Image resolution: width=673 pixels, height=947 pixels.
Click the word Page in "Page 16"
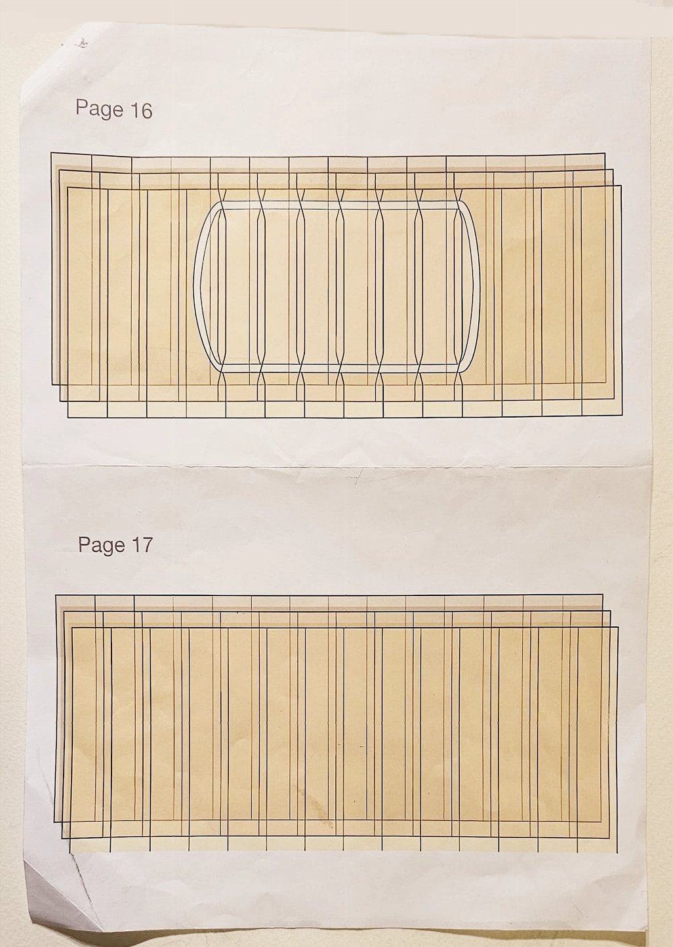click(x=99, y=108)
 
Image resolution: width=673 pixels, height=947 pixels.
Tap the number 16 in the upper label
click(x=141, y=110)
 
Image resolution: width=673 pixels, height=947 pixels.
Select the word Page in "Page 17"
click(x=102, y=544)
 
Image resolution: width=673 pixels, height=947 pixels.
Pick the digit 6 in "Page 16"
click(x=146, y=110)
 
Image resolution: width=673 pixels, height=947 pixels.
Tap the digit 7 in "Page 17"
click(x=146, y=545)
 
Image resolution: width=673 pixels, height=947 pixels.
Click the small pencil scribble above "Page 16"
click(x=83, y=43)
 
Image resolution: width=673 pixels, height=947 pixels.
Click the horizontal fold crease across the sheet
click(x=338, y=466)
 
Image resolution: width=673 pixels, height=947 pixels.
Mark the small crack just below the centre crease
click(x=356, y=479)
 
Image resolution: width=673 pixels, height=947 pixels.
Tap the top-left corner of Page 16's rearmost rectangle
click(x=51, y=153)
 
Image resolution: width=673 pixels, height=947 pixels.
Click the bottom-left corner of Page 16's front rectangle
click(x=68, y=417)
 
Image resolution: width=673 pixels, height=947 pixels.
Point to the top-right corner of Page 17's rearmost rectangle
click(x=602, y=595)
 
